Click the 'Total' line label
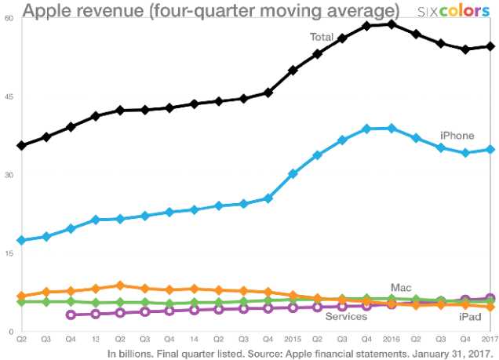[x=322, y=37]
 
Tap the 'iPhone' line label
[x=457, y=136]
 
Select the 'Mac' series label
[x=401, y=289]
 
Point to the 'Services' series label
[x=346, y=316]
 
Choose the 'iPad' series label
[x=470, y=316]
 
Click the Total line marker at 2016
[x=392, y=24]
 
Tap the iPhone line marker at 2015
[x=293, y=173]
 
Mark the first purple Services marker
[x=71, y=315]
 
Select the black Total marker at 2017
[x=490, y=46]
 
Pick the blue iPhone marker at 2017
[x=490, y=149]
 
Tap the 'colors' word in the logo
[x=467, y=11]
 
